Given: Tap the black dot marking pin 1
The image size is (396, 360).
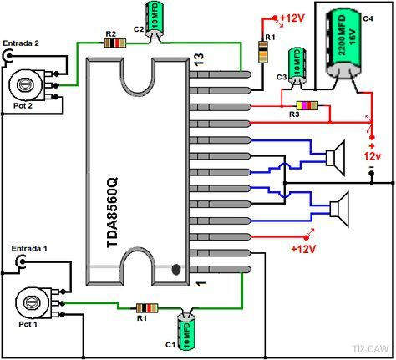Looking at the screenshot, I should click(176, 270).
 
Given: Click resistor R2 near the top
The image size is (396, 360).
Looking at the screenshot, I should click(110, 43).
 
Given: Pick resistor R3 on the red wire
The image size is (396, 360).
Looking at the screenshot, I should click(308, 106).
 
